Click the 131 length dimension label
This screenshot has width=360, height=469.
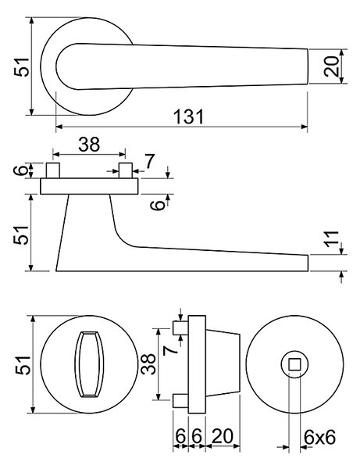click(189, 116)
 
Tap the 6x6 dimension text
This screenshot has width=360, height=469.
click(319, 437)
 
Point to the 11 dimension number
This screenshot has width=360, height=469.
click(332, 239)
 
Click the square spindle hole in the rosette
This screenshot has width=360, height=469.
click(294, 364)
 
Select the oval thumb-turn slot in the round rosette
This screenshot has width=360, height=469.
click(89, 364)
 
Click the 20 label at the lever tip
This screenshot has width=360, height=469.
click(332, 66)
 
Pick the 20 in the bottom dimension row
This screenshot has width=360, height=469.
click(223, 436)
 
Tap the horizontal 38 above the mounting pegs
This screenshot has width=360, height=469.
click(89, 144)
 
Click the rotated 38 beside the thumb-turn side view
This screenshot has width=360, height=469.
click(148, 364)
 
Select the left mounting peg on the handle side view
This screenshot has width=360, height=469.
click(53, 170)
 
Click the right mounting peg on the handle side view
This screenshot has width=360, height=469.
click(126, 170)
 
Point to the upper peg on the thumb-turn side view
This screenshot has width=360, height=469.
click(180, 328)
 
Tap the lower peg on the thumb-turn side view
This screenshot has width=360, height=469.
click(180, 400)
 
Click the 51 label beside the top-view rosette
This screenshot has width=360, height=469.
click(22, 67)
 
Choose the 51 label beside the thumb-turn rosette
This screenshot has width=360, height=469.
click(23, 365)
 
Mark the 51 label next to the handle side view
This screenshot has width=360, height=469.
click(22, 235)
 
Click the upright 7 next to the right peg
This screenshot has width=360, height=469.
click(150, 161)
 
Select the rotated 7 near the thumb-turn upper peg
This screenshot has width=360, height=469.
click(170, 350)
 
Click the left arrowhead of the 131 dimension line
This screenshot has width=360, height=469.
click(59, 127)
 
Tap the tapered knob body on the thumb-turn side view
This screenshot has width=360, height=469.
click(223, 363)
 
